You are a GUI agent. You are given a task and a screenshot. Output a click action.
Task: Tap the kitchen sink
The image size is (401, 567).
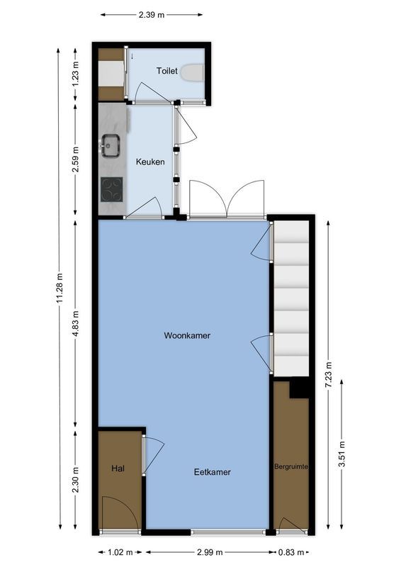pos(111,145)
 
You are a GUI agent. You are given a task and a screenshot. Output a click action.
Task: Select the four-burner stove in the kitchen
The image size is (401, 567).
pos(112,189)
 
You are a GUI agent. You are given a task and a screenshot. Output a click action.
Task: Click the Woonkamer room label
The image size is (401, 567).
pos(187,335)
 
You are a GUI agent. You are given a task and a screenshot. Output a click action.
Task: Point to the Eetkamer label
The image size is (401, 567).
pos(212,471)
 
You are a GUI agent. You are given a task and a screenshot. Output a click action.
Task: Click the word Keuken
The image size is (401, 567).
pos(150,162)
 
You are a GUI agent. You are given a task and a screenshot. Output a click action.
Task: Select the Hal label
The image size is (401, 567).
pos(118,468)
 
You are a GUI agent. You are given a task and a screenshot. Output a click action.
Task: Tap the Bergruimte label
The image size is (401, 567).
pos(292,467)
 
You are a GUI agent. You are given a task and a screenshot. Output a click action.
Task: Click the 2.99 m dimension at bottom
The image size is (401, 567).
pos(209,552)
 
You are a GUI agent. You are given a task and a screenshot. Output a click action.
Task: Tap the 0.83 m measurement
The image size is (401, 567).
pos(291,552)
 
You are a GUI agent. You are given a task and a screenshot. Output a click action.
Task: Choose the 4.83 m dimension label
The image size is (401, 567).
pos(77,322)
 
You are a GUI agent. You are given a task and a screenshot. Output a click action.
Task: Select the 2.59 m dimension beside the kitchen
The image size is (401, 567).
pos(77,159)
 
